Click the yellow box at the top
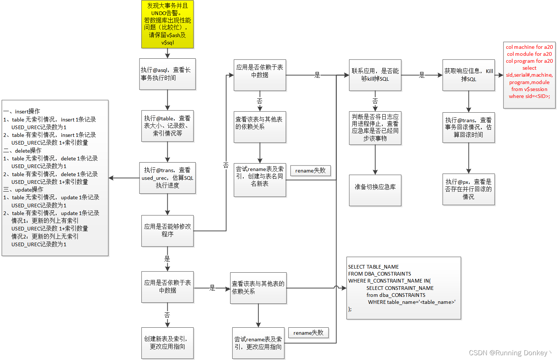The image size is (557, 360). click(x=167, y=24)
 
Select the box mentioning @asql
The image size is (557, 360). click(x=167, y=74)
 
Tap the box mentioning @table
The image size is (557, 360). click(x=167, y=126)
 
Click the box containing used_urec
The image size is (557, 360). click(x=167, y=178)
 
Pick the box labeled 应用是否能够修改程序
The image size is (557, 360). click(x=167, y=230)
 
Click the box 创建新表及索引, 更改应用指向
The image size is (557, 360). click(x=167, y=343)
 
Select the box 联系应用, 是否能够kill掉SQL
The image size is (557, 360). click(x=375, y=75)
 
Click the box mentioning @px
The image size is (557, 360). click(x=469, y=189)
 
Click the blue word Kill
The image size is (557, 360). click(x=489, y=71)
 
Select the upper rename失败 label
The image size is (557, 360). click(x=310, y=171)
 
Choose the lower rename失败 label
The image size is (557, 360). click(x=308, y=333)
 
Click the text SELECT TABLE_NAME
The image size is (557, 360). click(x=373, y=267)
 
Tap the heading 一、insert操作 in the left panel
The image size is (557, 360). click(x=22, y=111)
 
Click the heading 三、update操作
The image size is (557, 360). click(x=23, y=189)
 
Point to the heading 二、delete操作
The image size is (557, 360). click(x=23, y=150)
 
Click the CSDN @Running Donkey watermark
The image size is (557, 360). click(x=510, y=353)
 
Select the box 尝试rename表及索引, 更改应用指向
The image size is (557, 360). click(x=258, y=343)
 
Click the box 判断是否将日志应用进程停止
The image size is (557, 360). click(x=375, y=128)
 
